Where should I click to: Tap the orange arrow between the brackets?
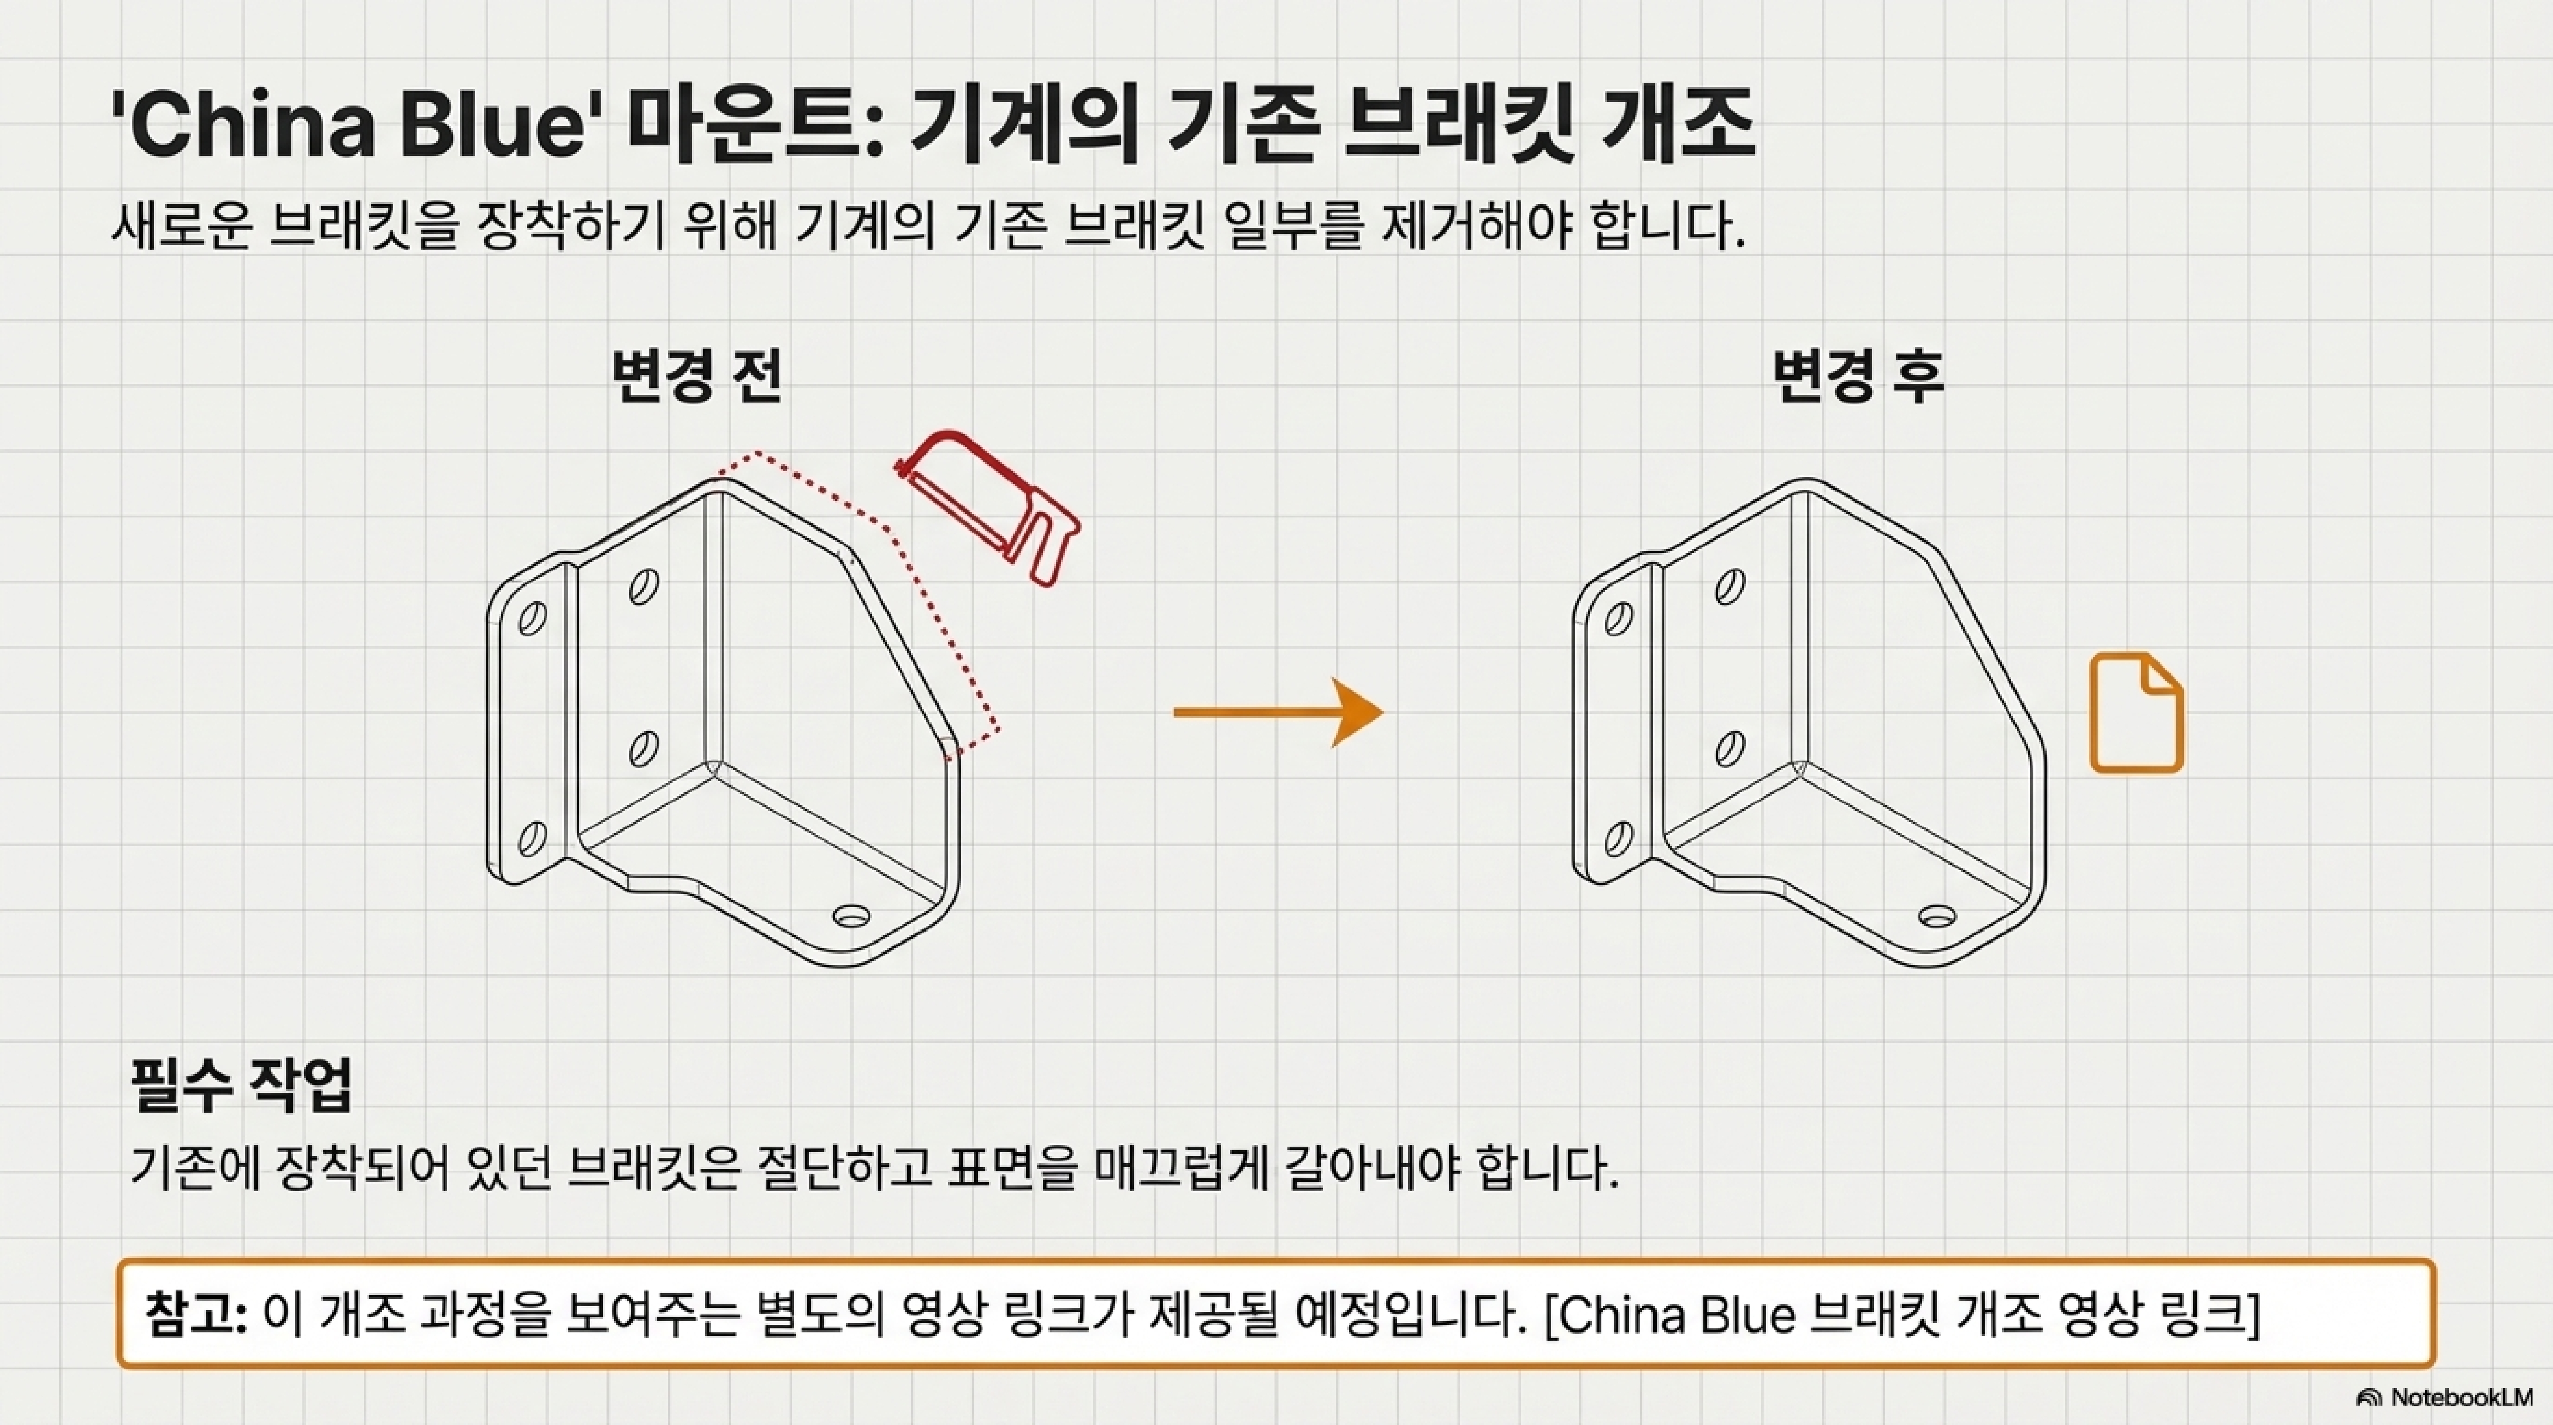pyautogui.click(x=1279, y=712)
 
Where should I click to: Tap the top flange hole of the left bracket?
pyautogui.click(x=532, y=619)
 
